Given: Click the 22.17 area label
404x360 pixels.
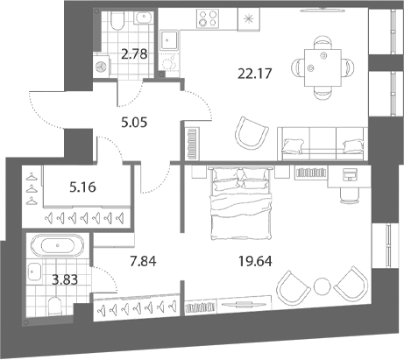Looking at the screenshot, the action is click(x=255, y=74).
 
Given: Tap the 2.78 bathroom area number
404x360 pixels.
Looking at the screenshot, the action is click(x=134, y=54).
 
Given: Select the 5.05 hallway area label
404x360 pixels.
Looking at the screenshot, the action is click(x=134, y=123).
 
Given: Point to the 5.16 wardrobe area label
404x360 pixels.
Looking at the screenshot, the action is click(x=82, y=187).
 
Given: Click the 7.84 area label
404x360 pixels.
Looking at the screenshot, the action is click(x=143, y=261).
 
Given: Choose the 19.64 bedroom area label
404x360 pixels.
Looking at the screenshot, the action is click(x=255, y=261).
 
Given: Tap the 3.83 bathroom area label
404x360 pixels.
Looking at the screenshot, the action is click(x=65, y=279).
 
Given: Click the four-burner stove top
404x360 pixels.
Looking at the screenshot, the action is click(x=208, y=18).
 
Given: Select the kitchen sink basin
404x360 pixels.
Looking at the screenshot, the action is click(x=169, y=39).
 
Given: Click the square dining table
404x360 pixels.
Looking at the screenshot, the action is click(x=322, y=67).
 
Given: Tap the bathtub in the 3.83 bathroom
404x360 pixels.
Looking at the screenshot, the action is click(x=58, y=245).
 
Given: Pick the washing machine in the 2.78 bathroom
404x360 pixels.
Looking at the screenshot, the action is click(x=102, y=66).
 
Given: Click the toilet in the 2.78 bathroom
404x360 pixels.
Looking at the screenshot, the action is click(x=117, y=20).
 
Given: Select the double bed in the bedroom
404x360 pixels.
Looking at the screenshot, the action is click(x=241, y=203).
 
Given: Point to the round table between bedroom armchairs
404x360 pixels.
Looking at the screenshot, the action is click(x=322, y=286).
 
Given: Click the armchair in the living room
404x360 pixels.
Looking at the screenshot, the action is click(x=252, y=133).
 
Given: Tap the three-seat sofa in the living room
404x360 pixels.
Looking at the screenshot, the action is click(x=322, y=144).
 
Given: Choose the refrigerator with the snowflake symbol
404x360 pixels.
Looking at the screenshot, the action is click(x=249, y=19).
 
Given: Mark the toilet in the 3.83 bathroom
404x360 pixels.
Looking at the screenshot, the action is click(x=54, y=306).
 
